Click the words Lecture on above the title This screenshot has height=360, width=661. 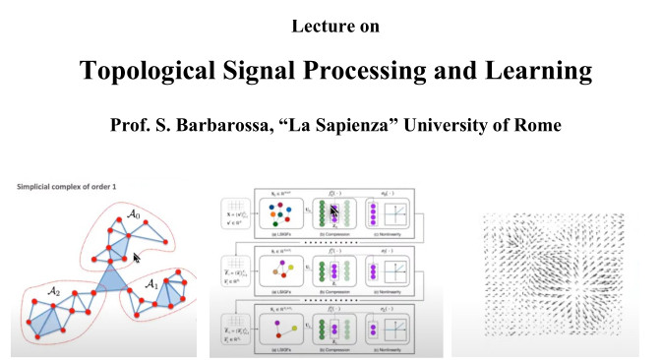point(330,23)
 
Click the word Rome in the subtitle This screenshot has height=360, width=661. point(545,124)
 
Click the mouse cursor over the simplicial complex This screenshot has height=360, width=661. point(138,258)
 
